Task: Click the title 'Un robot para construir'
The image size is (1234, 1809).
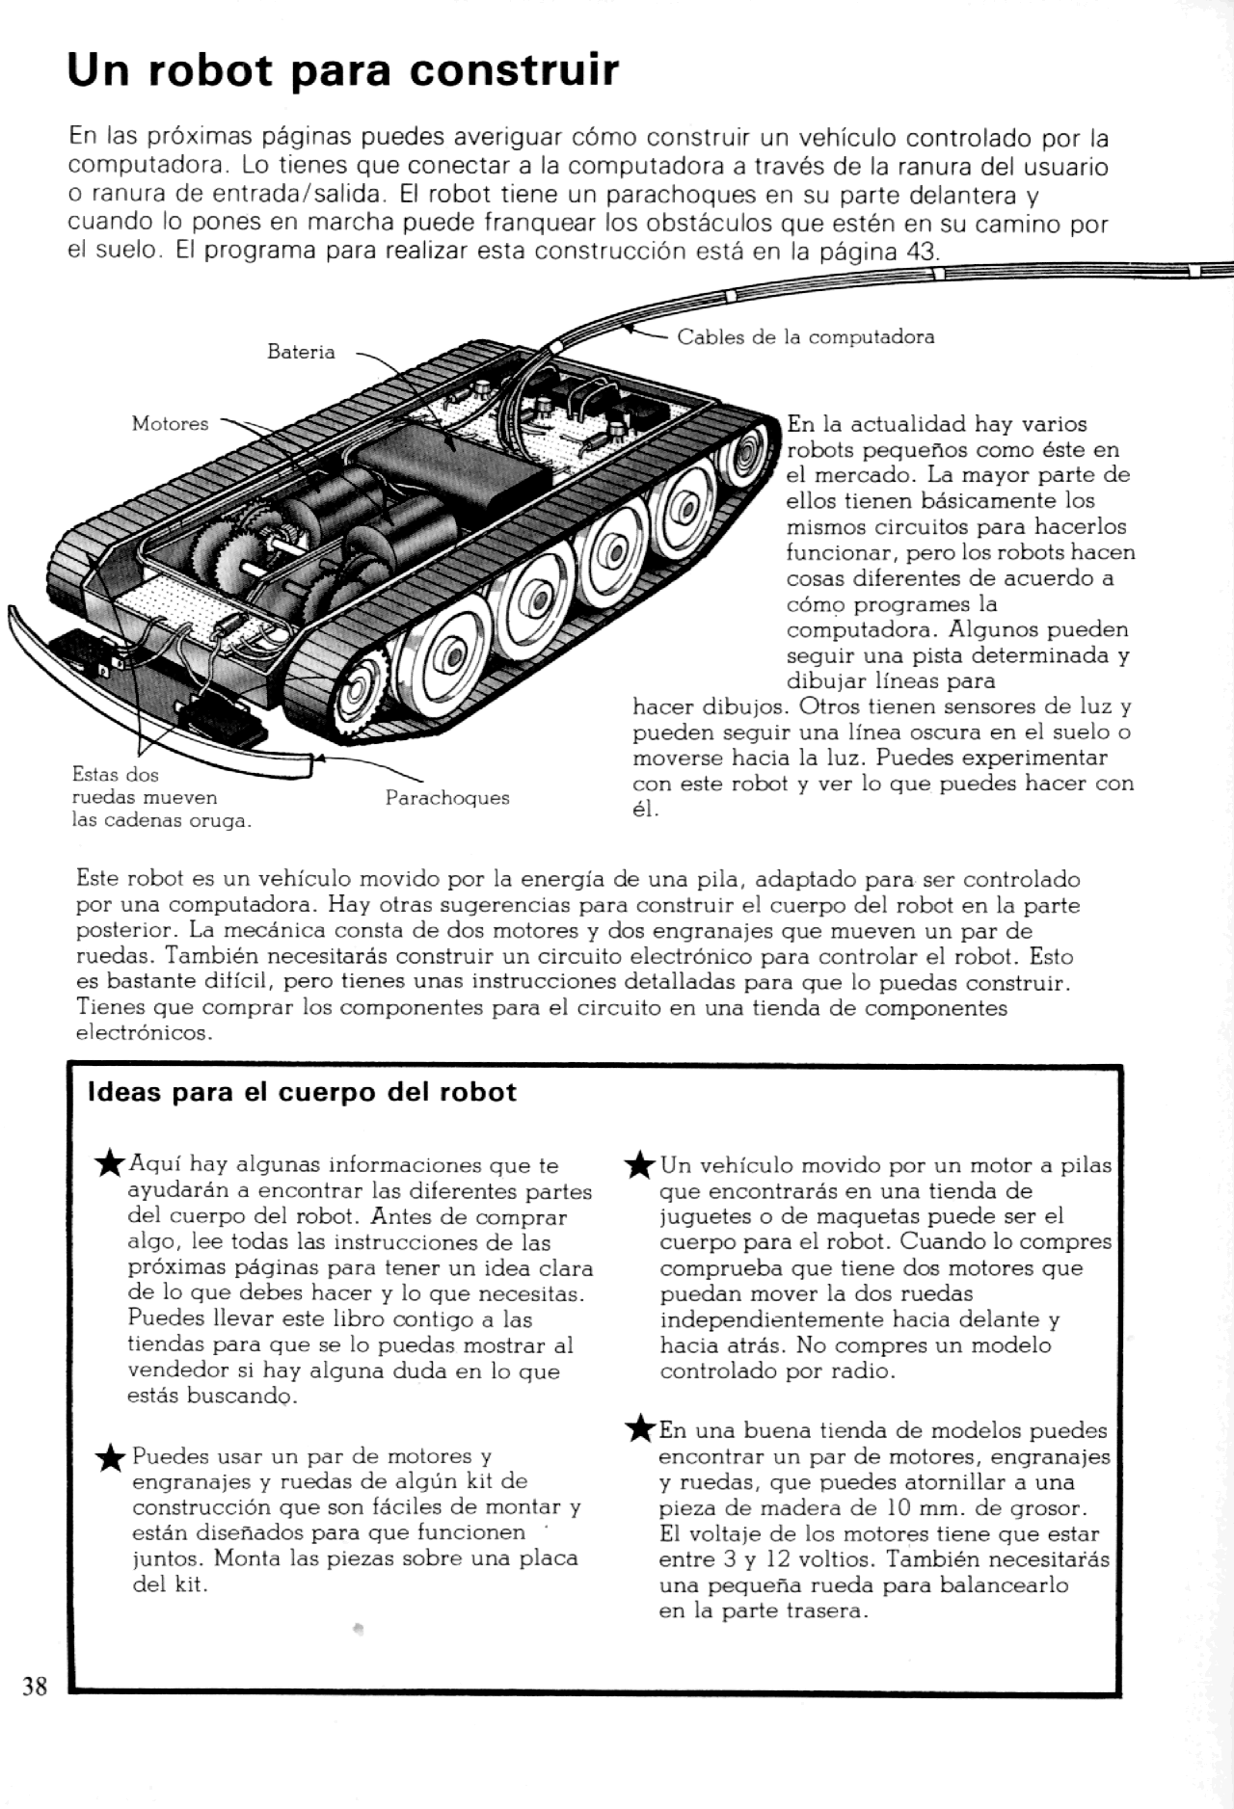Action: click(342, 71)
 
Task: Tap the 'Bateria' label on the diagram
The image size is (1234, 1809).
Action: click(301, 353)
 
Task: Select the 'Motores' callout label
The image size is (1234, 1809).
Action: click(170, 424)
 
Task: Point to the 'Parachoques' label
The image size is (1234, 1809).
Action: click(447, 798)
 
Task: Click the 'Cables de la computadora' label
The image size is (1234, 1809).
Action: click(805, 337)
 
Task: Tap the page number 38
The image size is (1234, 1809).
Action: click(35, 1686)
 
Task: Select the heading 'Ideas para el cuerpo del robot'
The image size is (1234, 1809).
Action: click(302, 1092)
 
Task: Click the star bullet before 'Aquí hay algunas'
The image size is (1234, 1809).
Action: click(111, 1164)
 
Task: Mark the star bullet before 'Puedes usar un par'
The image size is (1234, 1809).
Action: click(112, 1459)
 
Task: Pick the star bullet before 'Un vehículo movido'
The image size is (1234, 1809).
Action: click(640, 1165)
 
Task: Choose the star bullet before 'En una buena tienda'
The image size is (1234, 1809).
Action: click(640, 1429)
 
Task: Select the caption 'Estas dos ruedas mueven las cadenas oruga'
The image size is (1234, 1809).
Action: click(161, 798)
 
